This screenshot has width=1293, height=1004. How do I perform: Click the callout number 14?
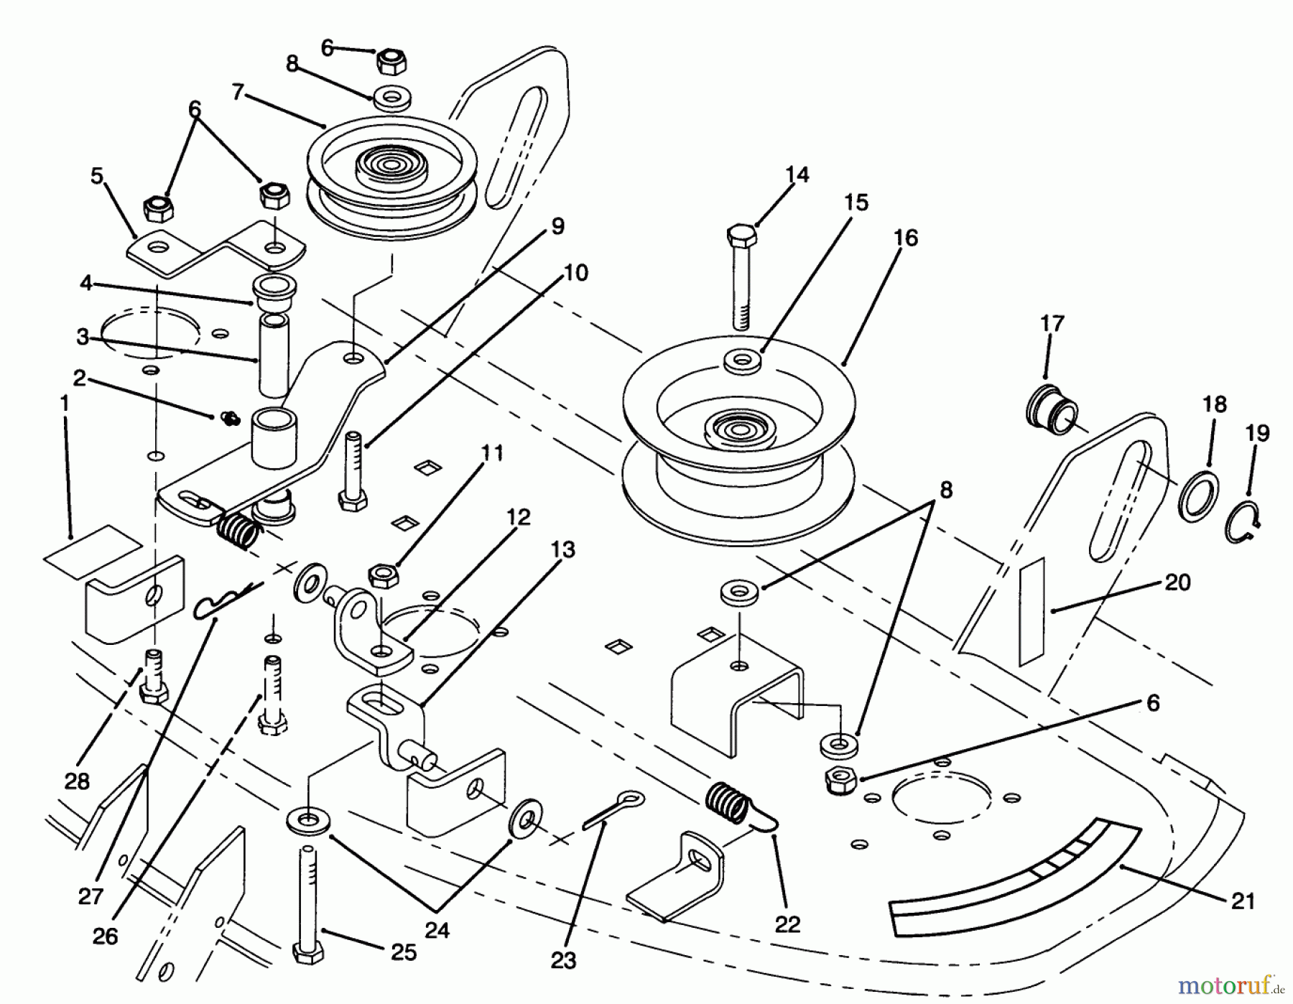tap(797, 175)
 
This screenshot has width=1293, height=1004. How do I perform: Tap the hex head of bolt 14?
tap(742, 235)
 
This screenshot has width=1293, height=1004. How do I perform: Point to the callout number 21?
tap(1243, 901)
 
